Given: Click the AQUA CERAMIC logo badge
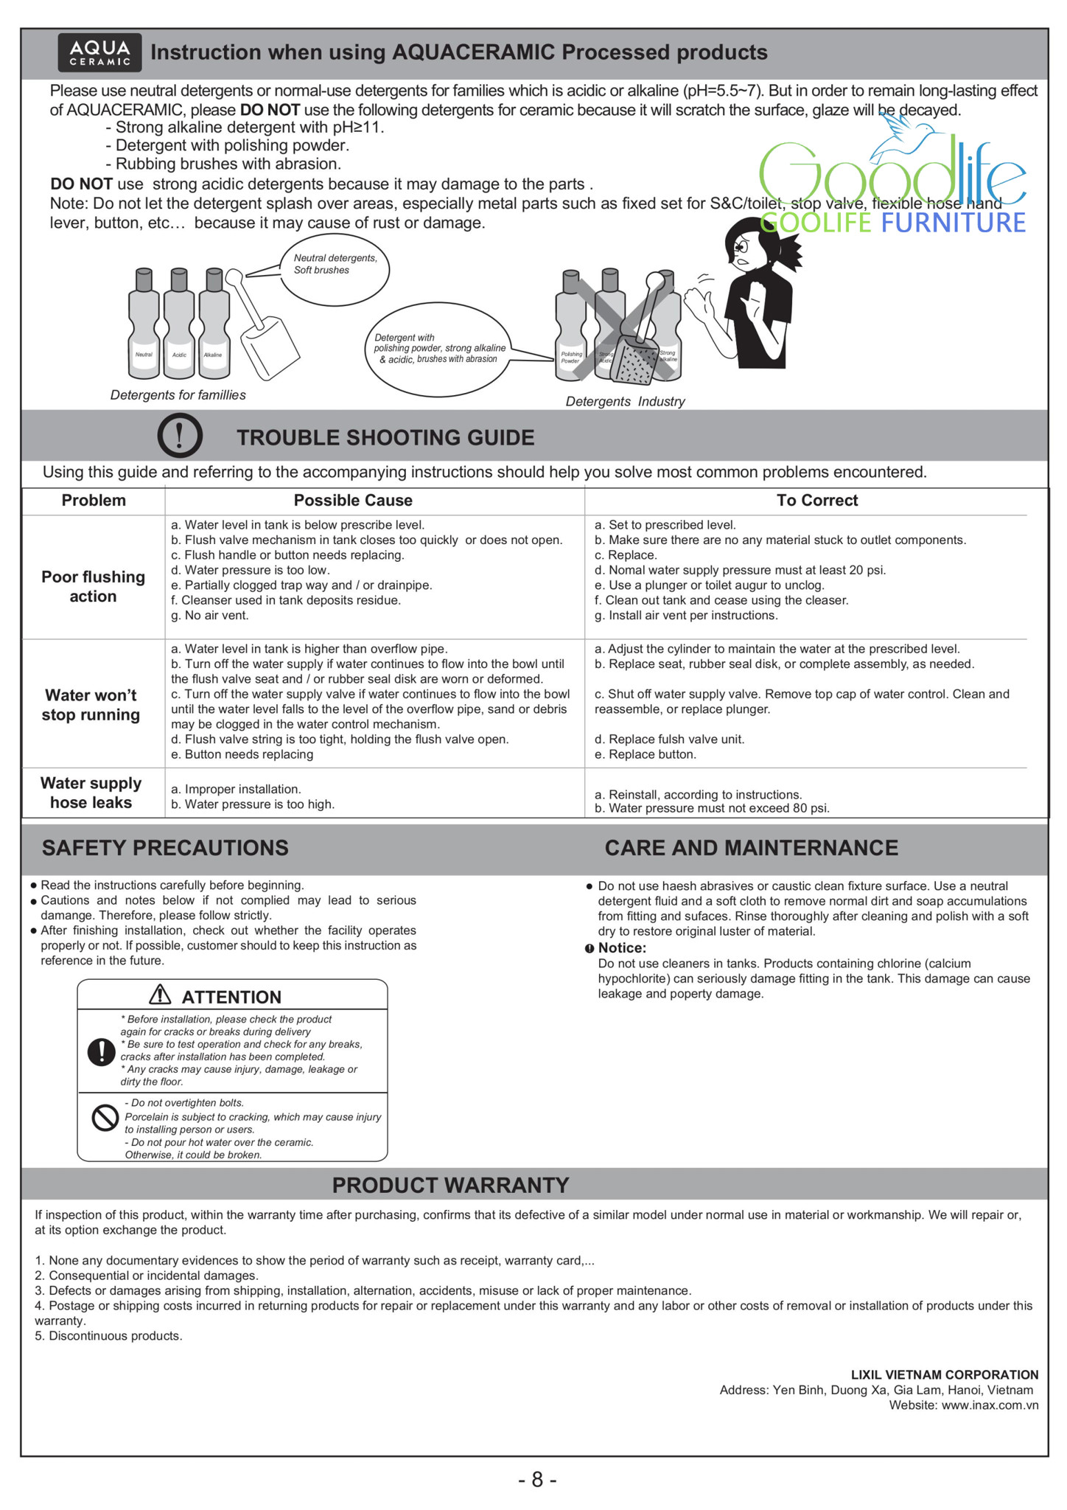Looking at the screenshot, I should (x=99, y=52).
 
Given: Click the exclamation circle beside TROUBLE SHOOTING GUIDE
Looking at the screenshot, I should (x=180, y=436).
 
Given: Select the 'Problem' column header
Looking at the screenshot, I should (x=94, y=501).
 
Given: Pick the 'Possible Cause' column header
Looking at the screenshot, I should (x=353, y=501).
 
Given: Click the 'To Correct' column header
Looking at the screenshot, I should (x=817, y=501).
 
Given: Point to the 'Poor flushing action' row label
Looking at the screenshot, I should (x=93, y=587).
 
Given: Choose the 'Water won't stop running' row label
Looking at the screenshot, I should (x=91, y=705).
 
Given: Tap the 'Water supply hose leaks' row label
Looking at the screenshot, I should (x=91, y=793).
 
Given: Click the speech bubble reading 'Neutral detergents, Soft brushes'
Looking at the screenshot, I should (x=335, y=268).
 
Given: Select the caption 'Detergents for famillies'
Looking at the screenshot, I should (x=178, y=395).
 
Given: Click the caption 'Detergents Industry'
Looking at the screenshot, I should (x=625, y=402).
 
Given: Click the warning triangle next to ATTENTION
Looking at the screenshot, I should (x=160, y=995).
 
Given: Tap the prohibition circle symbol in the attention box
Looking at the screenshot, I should (x=105, y=1118).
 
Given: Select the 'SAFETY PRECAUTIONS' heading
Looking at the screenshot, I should (x=165, y=848).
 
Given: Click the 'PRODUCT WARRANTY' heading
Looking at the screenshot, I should (x=450, y=1185).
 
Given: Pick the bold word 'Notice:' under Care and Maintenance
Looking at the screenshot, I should (x=622, y=948).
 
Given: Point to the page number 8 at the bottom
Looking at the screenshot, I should (x=537, y=1480).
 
